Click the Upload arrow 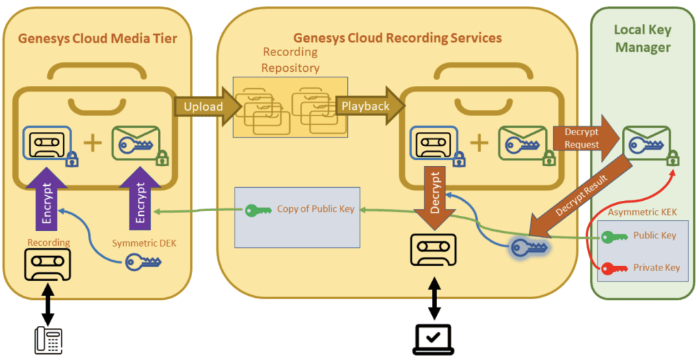(x=204, y=107)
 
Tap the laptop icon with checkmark (x=433, y=339)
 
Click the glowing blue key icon (x=530, y=248)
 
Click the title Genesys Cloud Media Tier (x=97, y=39)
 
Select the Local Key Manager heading (x=642, y=38)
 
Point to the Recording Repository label (x=290, y=59)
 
